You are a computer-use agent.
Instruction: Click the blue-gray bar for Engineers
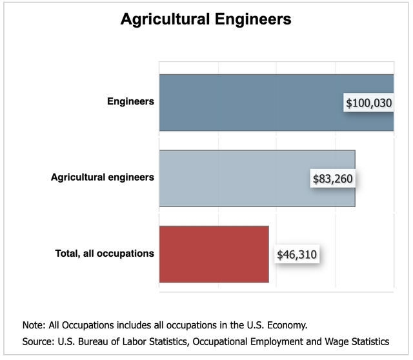(x=252, y=103)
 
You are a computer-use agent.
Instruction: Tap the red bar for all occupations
(x=214, y=254)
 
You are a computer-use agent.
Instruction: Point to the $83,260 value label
(x=333, y=178)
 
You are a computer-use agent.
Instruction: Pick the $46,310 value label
(x=297, y=254)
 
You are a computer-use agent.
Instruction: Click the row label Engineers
(x=130, y=101)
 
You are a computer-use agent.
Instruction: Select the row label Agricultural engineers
(x=103, y=177)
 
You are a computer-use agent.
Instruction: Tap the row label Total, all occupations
(x=105, y=253)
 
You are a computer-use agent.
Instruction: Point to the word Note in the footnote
(x=32, y=325)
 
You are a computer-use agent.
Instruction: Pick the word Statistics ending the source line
(x=370, y=341)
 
